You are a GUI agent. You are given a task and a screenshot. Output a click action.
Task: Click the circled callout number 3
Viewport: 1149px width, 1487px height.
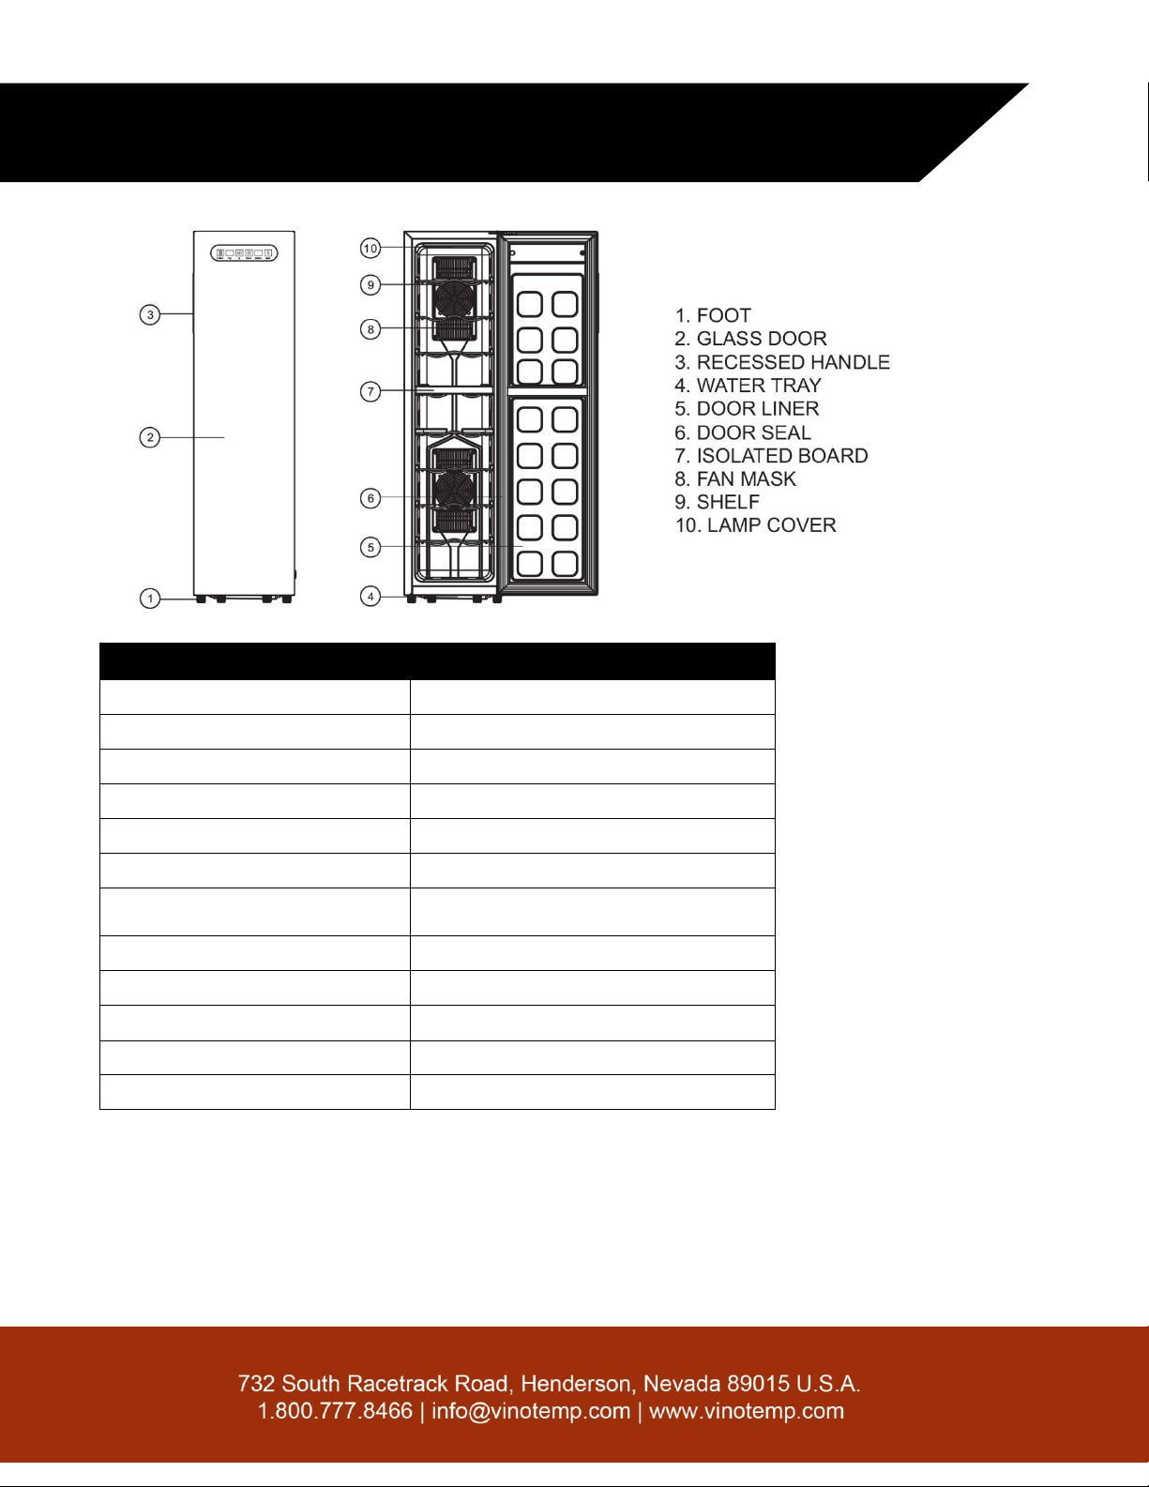click(150, 315)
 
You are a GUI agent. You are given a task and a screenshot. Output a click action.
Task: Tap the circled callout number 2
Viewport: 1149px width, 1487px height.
click(150, 437)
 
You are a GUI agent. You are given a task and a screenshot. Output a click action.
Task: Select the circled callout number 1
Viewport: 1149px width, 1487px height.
click(150, 599)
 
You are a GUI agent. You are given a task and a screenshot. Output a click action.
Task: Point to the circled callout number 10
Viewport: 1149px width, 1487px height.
click(370, 248)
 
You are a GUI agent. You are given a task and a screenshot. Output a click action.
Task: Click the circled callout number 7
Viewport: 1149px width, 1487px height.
click(370, 391)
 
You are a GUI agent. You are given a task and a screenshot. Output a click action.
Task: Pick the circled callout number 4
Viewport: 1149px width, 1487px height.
click(370, 597)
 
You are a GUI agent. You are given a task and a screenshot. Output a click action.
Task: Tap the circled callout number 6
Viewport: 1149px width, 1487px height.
click(370, 498)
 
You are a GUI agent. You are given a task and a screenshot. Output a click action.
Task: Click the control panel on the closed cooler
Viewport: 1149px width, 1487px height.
click(244, 253)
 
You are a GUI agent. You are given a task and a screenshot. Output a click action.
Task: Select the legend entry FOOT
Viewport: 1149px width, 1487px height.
click(713, 315)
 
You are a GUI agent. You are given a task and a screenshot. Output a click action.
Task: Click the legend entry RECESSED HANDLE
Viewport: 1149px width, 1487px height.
click(782, 362)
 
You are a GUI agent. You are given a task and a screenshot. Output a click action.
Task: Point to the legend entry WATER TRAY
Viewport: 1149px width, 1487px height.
click(748, 386)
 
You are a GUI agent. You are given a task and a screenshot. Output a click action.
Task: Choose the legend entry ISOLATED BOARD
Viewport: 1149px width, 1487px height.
click(771, 456)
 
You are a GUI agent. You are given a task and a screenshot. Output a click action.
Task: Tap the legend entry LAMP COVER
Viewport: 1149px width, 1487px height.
click(756, 525)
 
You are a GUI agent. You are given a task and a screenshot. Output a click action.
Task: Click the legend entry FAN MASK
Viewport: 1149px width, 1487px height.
click(735, 479)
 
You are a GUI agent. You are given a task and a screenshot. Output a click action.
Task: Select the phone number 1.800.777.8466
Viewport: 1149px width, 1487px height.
click(335, 1412)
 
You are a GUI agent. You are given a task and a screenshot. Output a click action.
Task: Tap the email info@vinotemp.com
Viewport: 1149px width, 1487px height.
click(531, 1412)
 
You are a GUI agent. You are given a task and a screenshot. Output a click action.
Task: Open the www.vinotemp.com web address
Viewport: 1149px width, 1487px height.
click(747, 1412)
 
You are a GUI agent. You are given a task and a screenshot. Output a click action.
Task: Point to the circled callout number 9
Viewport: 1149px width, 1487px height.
click(370, 284)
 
